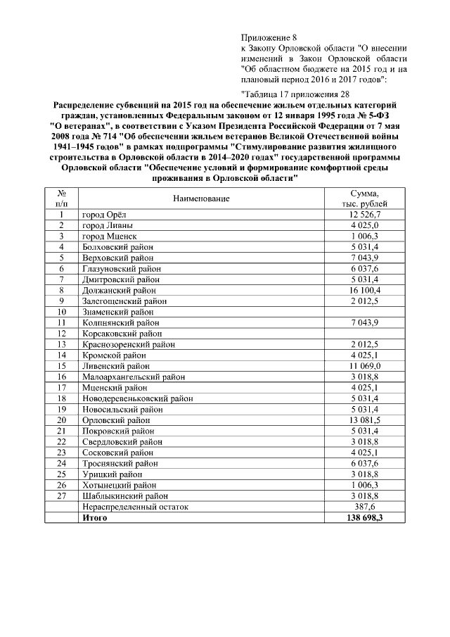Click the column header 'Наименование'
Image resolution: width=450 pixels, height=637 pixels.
(202, 198)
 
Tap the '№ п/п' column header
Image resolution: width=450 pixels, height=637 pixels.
(62, 198)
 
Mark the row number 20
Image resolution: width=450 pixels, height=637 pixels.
(62, 420)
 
